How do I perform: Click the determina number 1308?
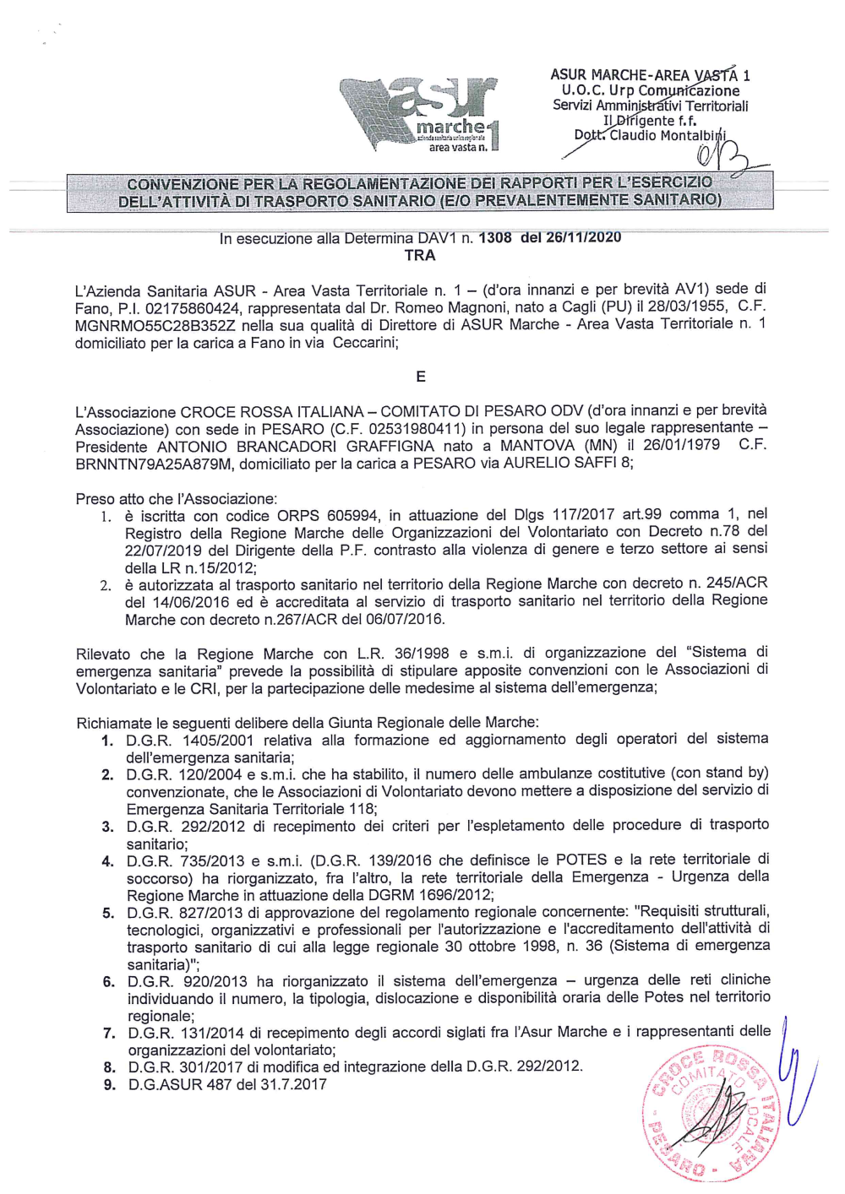[x=494, y=237]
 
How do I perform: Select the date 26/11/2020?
[x=583, y=237]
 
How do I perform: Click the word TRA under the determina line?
[x=420, y=255]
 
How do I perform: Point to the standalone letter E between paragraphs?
[x=420, y=377]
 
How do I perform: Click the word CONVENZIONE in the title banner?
[x=182, y=183]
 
